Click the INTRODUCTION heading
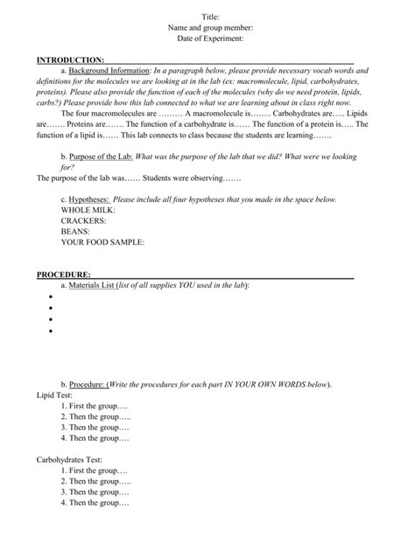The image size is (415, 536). [x=70, y=59]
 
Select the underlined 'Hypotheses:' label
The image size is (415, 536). [x=88, y=199]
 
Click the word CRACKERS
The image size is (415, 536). [x=83, y=220]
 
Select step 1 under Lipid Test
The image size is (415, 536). [x=95, y=406]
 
